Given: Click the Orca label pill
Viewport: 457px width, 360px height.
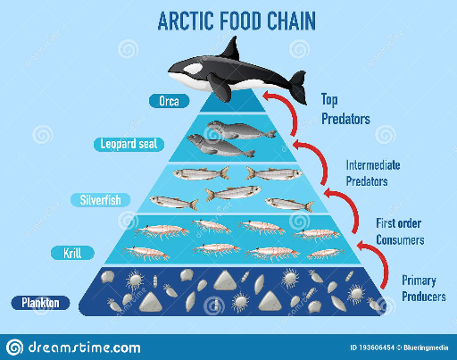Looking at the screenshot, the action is click(x=169, y=101).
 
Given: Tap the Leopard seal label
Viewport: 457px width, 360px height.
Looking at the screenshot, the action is click(x=129, y=145).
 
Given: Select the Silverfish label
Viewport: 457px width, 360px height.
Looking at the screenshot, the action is click(x=101, y=200).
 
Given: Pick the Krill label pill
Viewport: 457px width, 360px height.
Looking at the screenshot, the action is click(x=72, y=253).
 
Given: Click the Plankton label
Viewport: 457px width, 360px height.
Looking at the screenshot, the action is click(x=40, y=303).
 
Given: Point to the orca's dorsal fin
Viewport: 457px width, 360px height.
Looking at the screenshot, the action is click(x=231, y=48).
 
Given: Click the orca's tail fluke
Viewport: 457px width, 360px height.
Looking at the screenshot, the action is click(x=298, y=87).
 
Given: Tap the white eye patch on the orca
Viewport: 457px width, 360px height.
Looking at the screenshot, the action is click(x=193, y=70).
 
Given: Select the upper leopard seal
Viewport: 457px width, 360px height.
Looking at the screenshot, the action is click(x=241, y=130).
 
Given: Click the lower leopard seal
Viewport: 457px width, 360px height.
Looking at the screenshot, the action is click(x=220, y=146).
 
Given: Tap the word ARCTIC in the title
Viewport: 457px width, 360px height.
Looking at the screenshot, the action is click(x=186, y=21).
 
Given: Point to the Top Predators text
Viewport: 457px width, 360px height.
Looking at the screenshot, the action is click(x=345, y=109).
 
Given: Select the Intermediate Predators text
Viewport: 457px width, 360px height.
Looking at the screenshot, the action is click(x=373, y=173).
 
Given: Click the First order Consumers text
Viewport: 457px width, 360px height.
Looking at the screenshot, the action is click(x=400, y=231).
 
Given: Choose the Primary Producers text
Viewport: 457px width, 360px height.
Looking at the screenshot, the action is click(x=424, y=289).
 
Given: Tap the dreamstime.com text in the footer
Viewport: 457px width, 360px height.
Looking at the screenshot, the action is click(x=84, y=347).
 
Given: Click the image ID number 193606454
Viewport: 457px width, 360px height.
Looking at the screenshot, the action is click(x=377, y=347).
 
